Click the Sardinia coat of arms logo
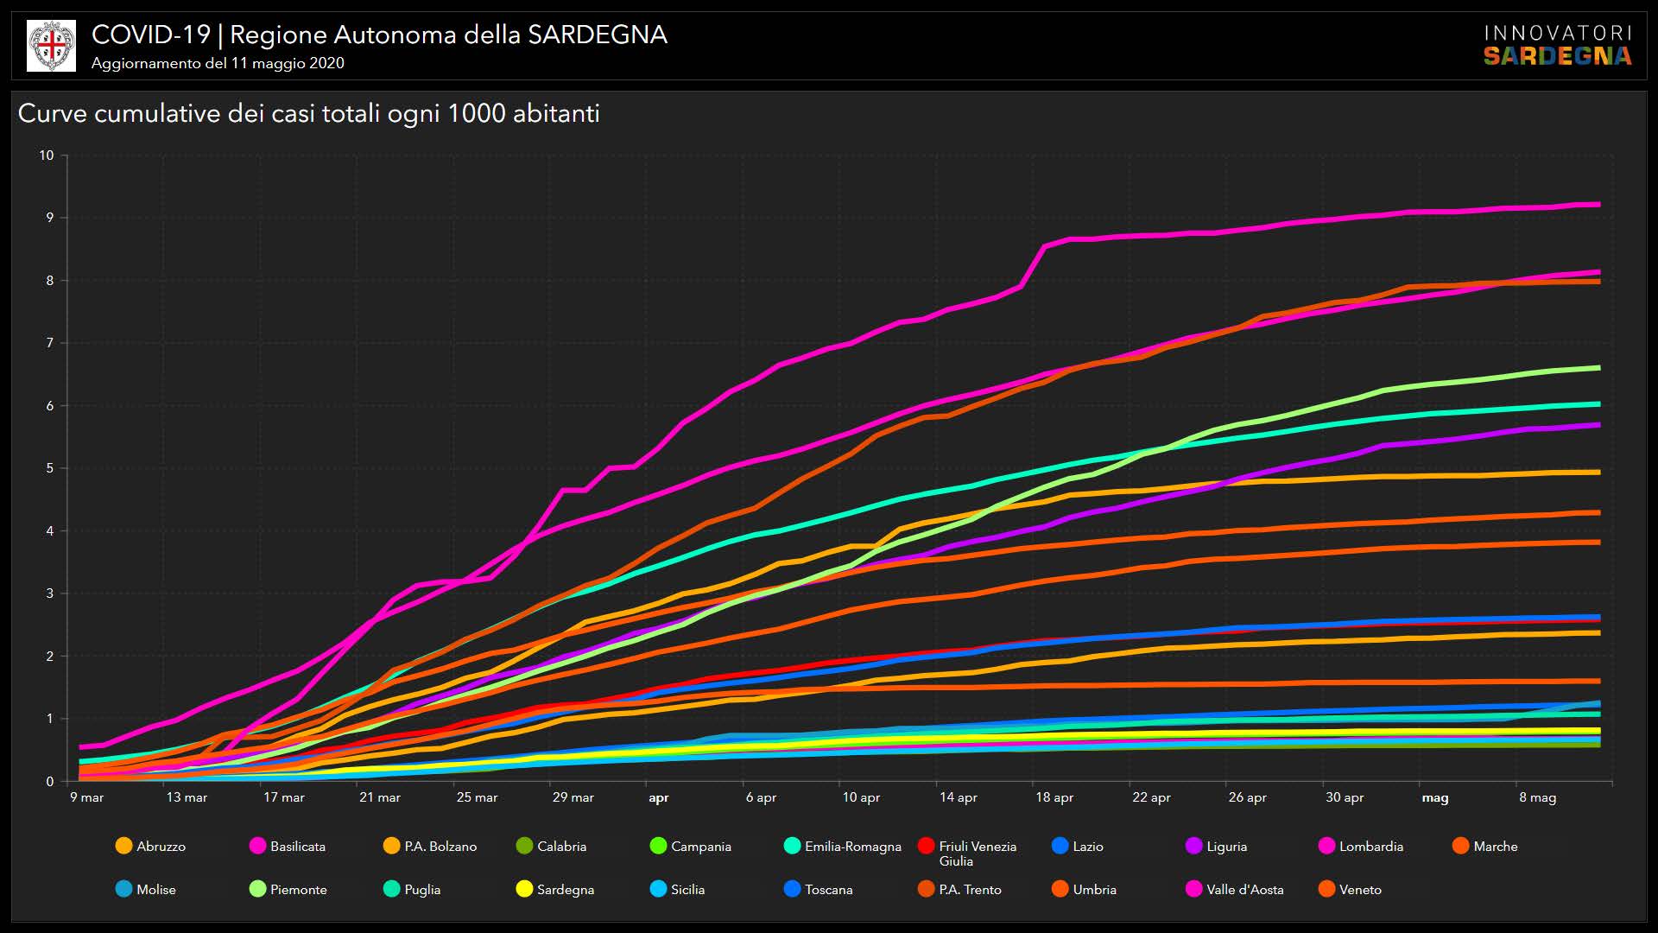(52, 46)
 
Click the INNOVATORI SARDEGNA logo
(1558, 45)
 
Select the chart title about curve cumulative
(308, 114)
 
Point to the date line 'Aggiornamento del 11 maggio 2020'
(218, 63)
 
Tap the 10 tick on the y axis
(47, 155)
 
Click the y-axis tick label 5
(50, 468)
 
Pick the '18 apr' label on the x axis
(1054, 797)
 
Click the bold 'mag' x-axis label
(1435, 797)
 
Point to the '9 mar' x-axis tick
(86, 797)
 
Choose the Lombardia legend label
(1370, 847)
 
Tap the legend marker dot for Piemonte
(257, 889)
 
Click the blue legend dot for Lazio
(1060, 846)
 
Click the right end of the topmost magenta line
(1598, 205)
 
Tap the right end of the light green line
(1598, 368)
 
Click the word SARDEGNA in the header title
(598, 35)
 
